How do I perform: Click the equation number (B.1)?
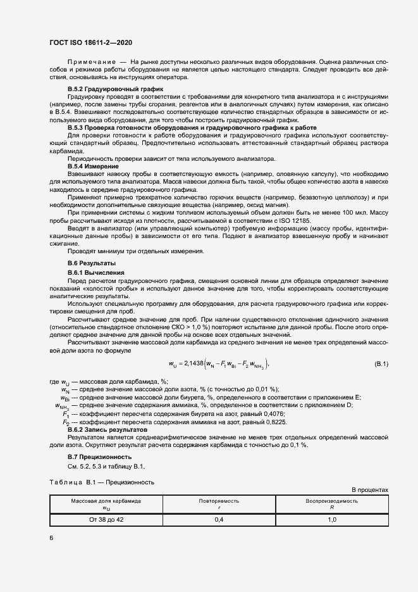(381, 363)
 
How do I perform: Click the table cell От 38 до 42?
(106, 520)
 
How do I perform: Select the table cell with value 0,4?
(219, 520)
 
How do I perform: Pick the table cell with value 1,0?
(332, 520)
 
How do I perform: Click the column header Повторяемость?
(219, 500)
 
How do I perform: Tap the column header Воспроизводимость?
(332, 500)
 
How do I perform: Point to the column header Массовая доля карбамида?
(106, 500)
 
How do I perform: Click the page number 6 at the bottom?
(51, 538)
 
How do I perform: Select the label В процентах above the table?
(369, 490)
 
